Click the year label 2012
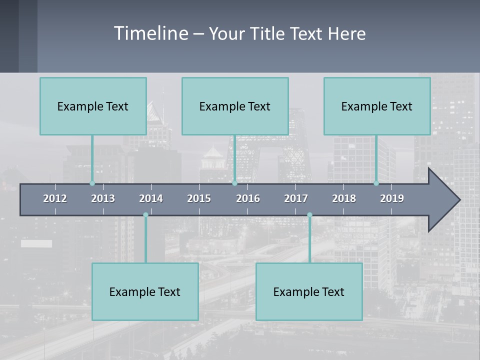point(55,198)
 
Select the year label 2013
point(103,198)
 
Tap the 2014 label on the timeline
point(151,198)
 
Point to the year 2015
point(199,198)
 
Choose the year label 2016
point(248,198)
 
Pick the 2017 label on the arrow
point(296,198)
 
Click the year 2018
point(344,198)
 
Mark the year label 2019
point(392,198)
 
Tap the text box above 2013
point(93,106)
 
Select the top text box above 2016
point(235,106)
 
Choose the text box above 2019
point(377,106)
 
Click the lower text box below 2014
point(145,291)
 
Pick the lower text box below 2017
point(309,291)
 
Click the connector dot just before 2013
point(92,183)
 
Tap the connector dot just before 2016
point(234,183)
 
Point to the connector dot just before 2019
point(376,183)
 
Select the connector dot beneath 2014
point(145,215)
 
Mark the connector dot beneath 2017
point(309,215)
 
